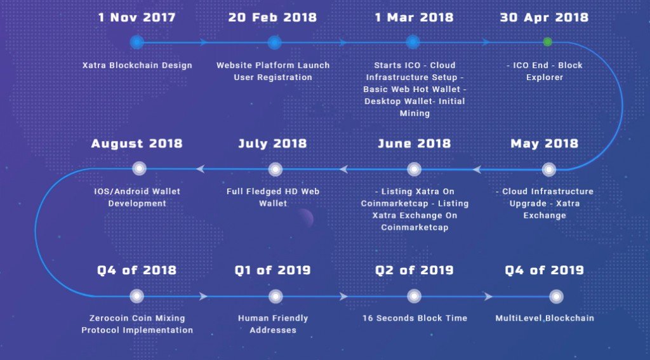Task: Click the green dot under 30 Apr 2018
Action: click(x=548, y=42)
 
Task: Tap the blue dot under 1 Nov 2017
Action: click(x=137, y=42)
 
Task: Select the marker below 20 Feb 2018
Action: click(x=274, y=42)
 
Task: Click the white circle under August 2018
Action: click(x=139, y=168)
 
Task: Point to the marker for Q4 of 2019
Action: click(x=556, y=297)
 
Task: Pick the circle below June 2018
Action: click(x=414, y=170)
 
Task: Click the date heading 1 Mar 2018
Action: click(x=414, y=17)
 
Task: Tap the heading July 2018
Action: click(x=272, y=143)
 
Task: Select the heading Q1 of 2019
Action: click(x=272, y=270)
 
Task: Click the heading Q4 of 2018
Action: click(x=137, y=270)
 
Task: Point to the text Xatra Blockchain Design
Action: click(x=137, y=65)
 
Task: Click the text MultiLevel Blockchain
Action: click(x=545, y=318)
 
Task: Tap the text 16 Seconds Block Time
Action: click(x=415, y=318)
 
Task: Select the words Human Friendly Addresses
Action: click(x=273, y=324)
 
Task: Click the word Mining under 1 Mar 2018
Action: click(x=415, y=114)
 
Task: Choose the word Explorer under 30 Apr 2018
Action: click(x=545, y=77)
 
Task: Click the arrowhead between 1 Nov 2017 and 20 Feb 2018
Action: click(x=204, y=42)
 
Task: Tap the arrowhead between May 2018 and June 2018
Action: click(x=477, y=170)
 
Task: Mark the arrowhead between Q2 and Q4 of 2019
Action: click(x=488, y=297)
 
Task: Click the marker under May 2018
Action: click(x=549, y=170)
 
